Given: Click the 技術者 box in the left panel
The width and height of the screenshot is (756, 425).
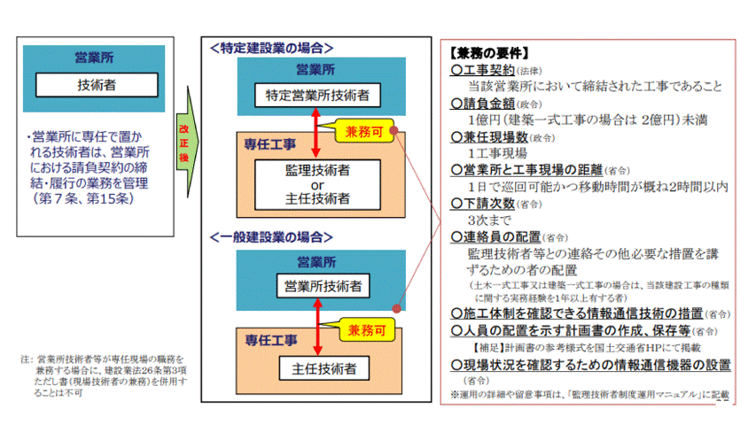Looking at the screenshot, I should coord(97,85).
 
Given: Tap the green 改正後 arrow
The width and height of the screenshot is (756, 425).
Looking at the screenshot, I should coord(185,142).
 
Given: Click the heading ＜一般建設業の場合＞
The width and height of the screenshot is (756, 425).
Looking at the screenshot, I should coord(271,237).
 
